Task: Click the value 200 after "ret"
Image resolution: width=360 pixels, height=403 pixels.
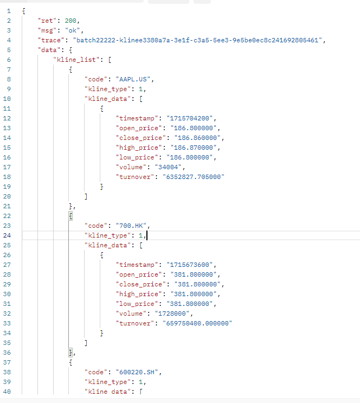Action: tap(70, 21)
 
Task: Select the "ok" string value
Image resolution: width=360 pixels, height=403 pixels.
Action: tap(73, 30)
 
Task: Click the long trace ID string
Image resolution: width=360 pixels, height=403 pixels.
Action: tap(197, 40)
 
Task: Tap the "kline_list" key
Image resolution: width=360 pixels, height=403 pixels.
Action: tap(76, 60)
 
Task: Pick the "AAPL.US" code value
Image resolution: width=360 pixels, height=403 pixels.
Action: tap(133, 79)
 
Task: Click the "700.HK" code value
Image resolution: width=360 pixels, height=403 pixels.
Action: tap(131, 226)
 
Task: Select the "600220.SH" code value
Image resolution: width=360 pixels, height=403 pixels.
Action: tap(137, 372)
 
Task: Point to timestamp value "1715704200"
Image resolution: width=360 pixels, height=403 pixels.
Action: tap(190, 118)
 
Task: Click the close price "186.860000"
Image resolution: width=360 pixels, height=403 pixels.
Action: tap(197, 138)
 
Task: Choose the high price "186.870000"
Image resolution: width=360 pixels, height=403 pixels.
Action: tap(194, 148)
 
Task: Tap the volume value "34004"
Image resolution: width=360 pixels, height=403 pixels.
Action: tap(168, 167)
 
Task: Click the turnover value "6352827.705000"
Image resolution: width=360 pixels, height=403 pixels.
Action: tap(194, 177)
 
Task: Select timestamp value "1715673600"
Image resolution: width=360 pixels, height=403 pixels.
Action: tap(190, 265)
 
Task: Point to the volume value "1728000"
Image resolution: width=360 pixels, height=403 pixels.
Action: tap(172, 314)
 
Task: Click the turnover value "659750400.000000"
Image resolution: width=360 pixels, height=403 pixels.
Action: tap(197, 323)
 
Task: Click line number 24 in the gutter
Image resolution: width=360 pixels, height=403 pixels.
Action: tap(7, 235)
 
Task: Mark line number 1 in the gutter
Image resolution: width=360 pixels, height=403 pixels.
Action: tap(9, 11)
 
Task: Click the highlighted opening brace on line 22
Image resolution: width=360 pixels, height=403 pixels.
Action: tap(70, 216)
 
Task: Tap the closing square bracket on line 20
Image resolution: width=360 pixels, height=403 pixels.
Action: tap(86, 196)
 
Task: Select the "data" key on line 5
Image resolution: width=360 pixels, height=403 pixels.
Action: tap(49, 50)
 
